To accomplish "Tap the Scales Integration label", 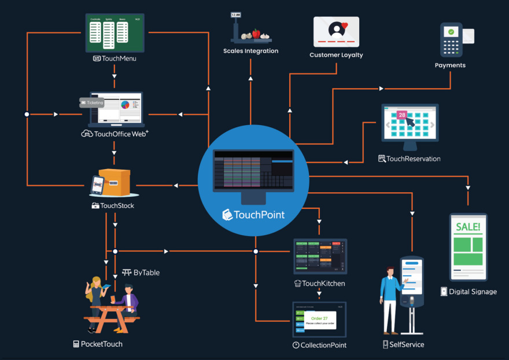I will [250, 51].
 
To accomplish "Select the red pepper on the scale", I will [256, 34].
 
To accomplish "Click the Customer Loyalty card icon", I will [336, 31].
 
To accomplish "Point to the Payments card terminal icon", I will [451, 38].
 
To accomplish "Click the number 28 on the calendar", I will [401, 115].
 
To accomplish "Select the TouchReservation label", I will [410, 159].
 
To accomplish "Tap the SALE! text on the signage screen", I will [468, 226].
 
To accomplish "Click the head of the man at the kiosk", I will [391, 271].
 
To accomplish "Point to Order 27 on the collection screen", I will [319, 318].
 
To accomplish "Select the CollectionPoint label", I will [319, 345].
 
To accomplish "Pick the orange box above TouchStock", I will [114, 181].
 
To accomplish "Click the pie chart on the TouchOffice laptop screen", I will [125, 105].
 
